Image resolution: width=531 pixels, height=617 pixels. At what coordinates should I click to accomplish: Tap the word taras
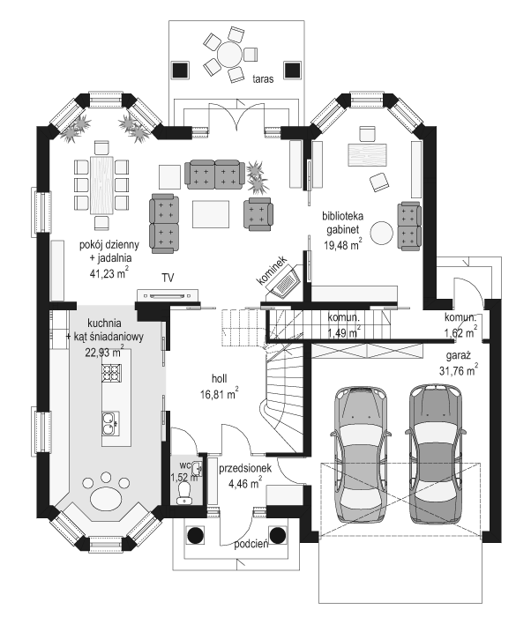point(262,78)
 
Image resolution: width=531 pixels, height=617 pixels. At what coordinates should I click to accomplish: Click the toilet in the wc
point(184,490)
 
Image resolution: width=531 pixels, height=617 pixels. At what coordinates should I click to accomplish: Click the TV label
point(168,279)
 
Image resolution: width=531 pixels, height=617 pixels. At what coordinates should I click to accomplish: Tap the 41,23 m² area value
point(108,274)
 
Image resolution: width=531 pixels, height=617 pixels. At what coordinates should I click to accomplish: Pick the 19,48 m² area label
point(342,248)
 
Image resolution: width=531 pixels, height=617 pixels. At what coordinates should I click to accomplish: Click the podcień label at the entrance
point(251,544)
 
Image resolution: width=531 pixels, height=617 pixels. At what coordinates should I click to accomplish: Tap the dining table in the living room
point(102,184)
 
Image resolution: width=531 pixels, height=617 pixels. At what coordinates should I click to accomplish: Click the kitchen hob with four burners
point(111,374)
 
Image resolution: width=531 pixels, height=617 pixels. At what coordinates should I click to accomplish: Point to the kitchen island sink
point(111,424)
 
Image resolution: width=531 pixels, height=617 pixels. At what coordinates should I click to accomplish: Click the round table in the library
point(382,232)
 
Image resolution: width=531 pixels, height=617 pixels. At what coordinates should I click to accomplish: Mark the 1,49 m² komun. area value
point(344,332)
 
